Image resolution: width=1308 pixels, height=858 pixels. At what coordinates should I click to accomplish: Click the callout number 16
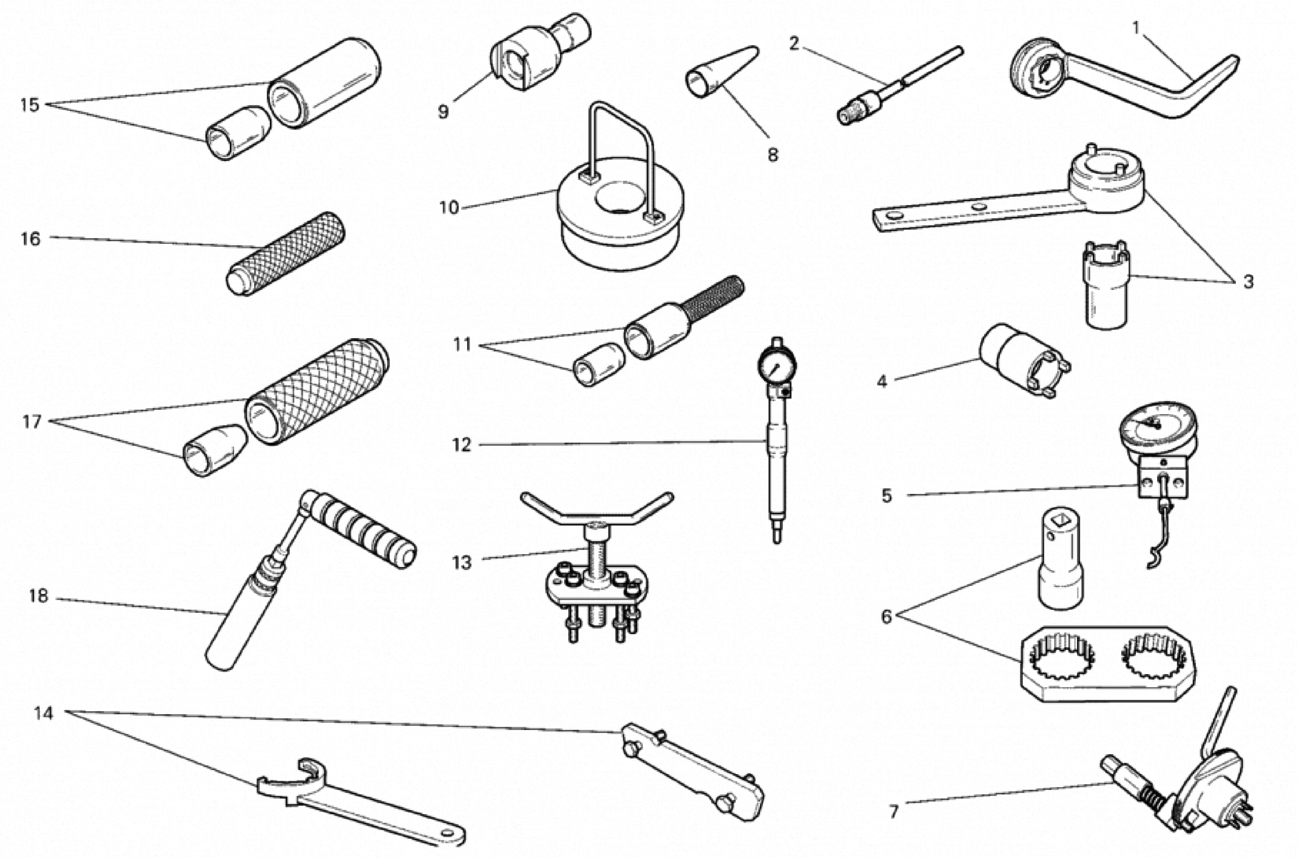click(x=31, y=239)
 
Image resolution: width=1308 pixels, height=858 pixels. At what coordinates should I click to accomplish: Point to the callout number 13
click(x=462, y=563)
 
